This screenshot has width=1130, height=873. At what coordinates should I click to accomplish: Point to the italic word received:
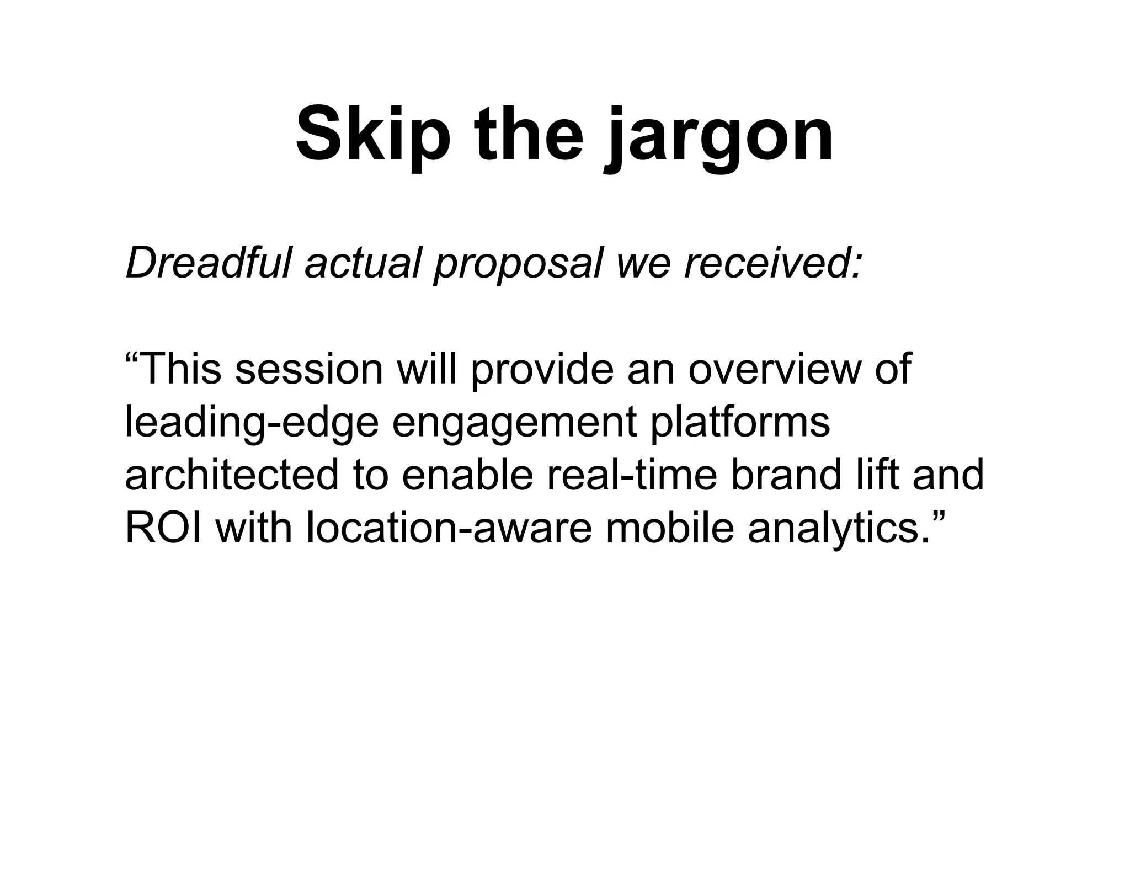772,263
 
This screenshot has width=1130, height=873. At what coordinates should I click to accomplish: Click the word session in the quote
308,369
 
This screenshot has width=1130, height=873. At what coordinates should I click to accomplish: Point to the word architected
231,475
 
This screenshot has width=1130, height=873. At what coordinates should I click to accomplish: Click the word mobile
670,528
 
